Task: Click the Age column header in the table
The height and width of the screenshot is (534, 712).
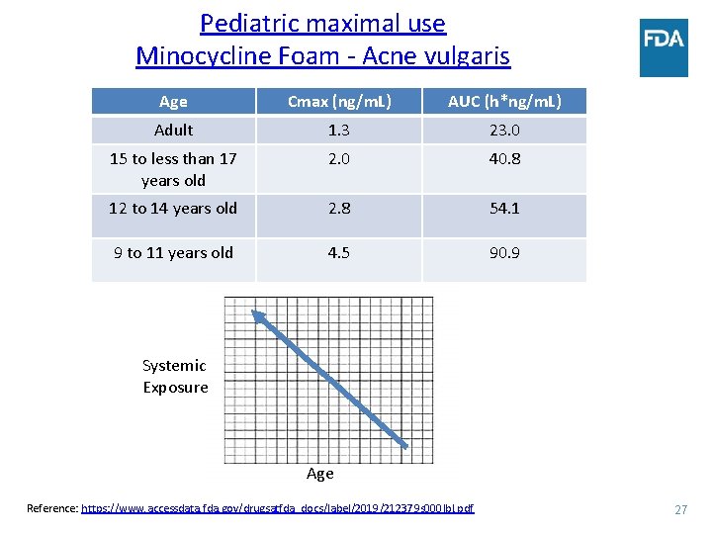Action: click(x=173, y=101)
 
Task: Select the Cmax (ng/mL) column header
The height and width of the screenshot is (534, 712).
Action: click(x=339, y=101)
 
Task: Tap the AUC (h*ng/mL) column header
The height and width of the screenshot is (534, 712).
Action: click(x=504, y=101)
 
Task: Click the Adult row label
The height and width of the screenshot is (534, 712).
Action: click(x=173, y=130)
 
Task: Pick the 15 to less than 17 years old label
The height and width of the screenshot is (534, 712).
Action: click(x=173, y=169)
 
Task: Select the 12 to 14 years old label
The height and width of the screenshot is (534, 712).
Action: click(x=173, y=208)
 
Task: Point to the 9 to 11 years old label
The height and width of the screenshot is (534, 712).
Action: click(x=173, y=252)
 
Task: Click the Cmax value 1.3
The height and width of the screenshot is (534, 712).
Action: click(x=339, y=130)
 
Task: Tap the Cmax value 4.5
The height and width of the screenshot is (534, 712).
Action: click(x=339, y=252)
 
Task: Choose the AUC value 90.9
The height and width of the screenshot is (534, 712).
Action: click(x=504, y=252)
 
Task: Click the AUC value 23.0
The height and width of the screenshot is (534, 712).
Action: click(x=504, y=130)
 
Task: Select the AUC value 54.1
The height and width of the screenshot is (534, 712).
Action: click(x=504, y=208)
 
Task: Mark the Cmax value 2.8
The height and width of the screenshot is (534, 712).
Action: click(x=339, y=208)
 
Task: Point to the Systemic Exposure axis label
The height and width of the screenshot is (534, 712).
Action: click(x=175, y=376)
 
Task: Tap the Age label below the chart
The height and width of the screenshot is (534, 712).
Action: click(x=319, y=473)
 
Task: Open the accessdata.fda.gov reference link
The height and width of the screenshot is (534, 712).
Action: click(x=277, y=508)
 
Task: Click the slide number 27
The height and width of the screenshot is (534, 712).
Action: click(x=680, y=509)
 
